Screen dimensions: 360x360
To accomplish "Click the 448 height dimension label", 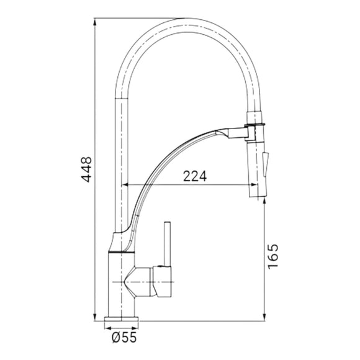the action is tap(88, 169).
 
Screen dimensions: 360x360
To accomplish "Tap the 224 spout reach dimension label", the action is tap(195, 176).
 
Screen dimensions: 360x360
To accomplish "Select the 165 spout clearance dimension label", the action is tap(273, 256).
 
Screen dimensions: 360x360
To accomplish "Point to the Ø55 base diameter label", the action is tap(124, 337).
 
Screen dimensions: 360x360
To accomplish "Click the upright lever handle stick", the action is tap(168, 244).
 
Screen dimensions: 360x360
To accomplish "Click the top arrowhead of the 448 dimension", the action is tap(94, 22).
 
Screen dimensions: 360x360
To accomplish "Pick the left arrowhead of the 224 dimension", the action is tap(126, 184).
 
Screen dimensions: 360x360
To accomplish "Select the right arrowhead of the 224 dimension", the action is tap(253, 184).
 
